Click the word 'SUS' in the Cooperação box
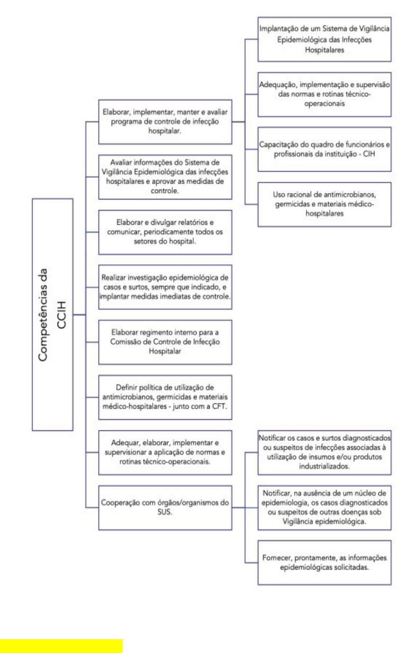click(166, 513)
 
